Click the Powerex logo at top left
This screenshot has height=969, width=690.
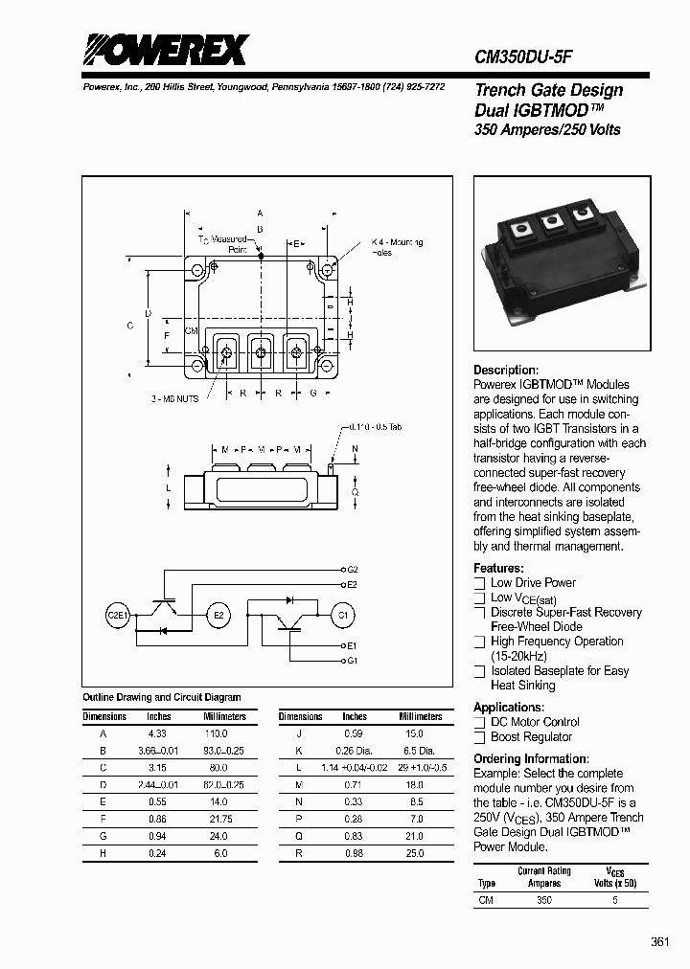tap(163, 50)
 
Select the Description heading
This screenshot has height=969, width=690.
tap(506, 371)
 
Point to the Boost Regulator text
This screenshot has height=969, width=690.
tap(531, 737)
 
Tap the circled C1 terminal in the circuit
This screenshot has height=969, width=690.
tap(342, 615)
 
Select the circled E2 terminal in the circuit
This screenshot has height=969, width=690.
tap(219, 615)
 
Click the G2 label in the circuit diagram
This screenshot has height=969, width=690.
tap(352, 570)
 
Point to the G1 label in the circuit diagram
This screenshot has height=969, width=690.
tap(352, 661)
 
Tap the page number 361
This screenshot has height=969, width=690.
tap(659, 942)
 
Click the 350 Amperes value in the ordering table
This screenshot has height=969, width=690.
tap(544, 901)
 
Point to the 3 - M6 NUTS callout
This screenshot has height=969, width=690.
tap(174, 398)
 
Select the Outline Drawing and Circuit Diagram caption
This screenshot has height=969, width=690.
tap(162, 697)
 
